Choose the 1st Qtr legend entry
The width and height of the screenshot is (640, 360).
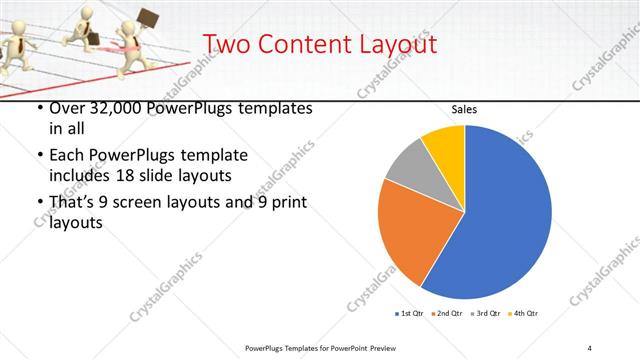[410, 314]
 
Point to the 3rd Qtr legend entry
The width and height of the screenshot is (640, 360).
[487, 314]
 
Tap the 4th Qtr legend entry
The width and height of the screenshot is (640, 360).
[525, 314]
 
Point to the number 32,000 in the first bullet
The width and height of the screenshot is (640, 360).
[119, 108]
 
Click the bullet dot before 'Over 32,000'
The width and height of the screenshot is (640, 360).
[39, 109]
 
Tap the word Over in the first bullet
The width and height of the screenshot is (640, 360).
[68, 108]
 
